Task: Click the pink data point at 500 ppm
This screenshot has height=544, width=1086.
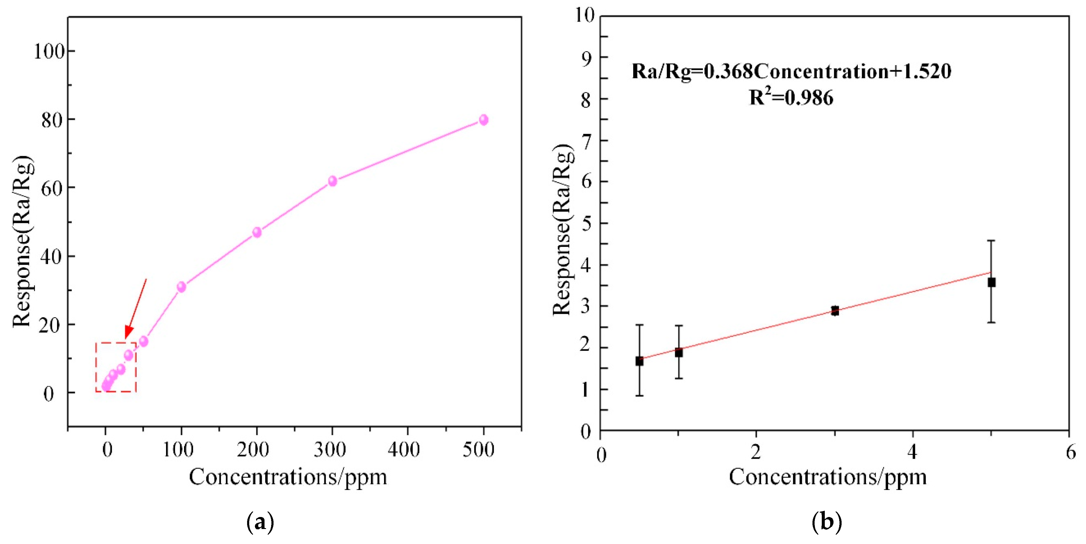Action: [x=484, y=120]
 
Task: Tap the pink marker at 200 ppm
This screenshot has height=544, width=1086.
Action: [x=257, y=232]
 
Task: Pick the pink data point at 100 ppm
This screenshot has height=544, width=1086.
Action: [x=181, y=287]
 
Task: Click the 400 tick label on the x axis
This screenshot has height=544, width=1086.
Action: [x=404, y=449]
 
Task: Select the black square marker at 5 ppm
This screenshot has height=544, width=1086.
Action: [x=991, y=282]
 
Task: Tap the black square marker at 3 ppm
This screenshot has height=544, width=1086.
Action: [x=835, y=311]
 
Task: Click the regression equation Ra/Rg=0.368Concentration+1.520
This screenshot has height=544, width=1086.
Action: [x=791, y=71]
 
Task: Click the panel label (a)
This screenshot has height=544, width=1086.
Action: [x=260, y=522]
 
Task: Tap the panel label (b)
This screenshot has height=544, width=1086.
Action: [x=827, y=522]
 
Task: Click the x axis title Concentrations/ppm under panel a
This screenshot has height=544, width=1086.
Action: [x=288, y=477]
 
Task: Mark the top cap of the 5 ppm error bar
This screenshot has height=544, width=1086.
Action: [x=991, y=241]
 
